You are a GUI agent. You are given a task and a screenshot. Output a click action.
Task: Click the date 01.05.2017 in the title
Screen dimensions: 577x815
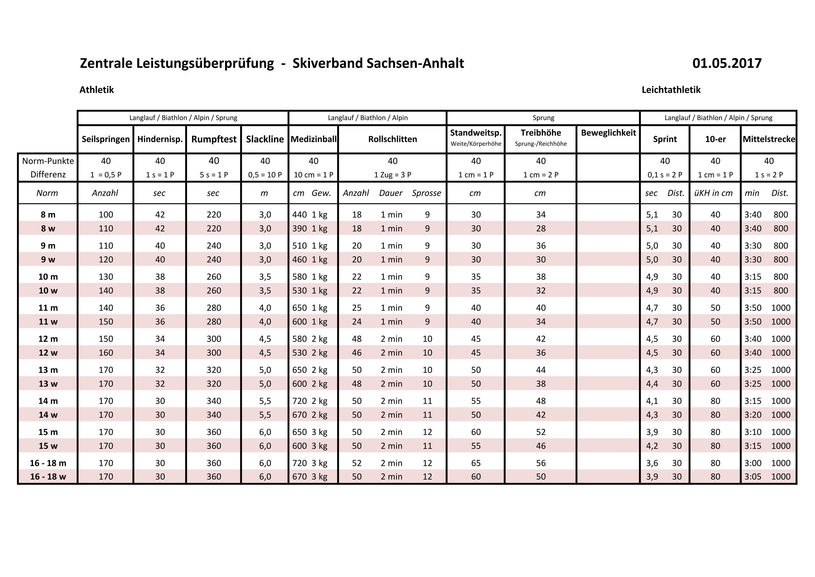pos(727,63)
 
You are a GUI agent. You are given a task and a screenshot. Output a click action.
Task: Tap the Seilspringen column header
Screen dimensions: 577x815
pos(105,139)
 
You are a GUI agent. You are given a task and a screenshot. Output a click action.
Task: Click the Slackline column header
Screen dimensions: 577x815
pos(265,139)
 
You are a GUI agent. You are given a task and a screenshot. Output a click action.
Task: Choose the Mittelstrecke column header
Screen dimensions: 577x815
pos(769,139)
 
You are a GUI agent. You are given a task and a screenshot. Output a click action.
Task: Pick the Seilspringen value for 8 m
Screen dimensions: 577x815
pos(106,215)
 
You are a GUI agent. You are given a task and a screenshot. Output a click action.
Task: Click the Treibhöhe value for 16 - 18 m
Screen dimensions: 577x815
pos(541,463)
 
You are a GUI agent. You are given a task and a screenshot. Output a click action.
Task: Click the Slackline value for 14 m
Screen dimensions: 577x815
pos(265,401)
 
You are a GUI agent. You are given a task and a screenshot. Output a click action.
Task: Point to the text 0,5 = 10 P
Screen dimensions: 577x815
pos(265,175)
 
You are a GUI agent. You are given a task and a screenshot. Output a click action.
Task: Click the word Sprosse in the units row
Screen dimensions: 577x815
pos(426,193)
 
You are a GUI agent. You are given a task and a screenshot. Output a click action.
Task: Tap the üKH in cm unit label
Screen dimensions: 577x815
pos(713,193)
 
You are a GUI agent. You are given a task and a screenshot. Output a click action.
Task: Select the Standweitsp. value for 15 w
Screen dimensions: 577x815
pos(476,446)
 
